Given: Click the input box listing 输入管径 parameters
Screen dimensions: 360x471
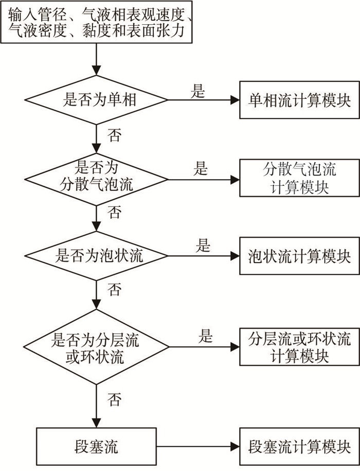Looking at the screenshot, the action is click(x=96, y=22).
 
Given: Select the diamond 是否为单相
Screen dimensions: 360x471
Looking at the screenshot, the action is click(x=96, y=100).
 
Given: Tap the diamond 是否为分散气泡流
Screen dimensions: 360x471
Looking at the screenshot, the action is click(x=96, y=180).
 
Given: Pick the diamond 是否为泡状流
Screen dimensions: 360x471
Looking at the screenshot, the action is click(x=96, y=256).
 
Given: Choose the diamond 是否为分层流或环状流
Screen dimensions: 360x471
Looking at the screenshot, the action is click(x=96, y=347).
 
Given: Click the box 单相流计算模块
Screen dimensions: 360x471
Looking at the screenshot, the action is click(x=299, y=100).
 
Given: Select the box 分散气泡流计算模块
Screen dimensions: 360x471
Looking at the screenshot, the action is click(x=299, y=178).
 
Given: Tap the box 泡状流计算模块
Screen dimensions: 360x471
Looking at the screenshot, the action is click(x=299, y=256).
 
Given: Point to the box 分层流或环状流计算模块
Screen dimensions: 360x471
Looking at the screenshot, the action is click(x=299, y=347).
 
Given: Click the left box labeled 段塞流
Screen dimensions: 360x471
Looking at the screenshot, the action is click(x=96, y=446).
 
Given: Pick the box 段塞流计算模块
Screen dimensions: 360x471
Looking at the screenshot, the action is click(x=299, y=446).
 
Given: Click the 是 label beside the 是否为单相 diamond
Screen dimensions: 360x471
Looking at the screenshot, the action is click(x=197, y=91).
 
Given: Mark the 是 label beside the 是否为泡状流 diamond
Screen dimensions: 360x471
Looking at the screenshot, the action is click(x=203, y=246).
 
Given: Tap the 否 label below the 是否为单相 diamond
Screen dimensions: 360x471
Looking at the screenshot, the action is click(x=114, y=135).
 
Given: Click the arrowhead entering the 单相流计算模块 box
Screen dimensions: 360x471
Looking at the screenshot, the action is click(x=235, y=100).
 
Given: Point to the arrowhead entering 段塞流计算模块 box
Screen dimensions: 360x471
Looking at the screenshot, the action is click(x=235, y=446).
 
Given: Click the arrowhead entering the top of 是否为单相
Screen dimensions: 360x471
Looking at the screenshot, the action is click(x=96, y=71).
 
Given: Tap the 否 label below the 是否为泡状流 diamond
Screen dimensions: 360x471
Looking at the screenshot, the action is click(x=114, y=289).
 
